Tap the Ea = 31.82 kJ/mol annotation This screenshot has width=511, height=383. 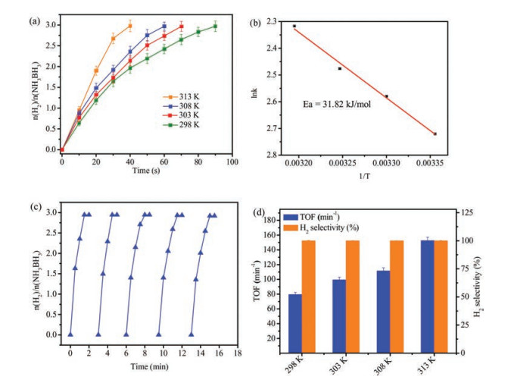pyautogui.click(x=331, y=99)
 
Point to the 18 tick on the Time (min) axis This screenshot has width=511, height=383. pyautogui.click(x=237, y=353)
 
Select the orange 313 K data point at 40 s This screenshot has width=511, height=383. pyautogui.click(x=130, y=26)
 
